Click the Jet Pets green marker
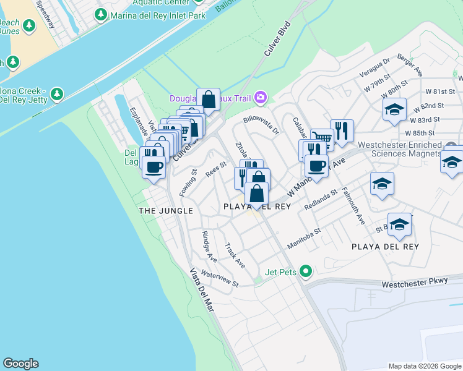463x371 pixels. [x=305, y=271]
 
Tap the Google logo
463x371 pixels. [x=20, y=364]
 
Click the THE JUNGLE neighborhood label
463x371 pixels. [x=165, y=211]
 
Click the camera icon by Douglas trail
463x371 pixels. [x=261, y=97]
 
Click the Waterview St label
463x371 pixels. [x=219, y=279]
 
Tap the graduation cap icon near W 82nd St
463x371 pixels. [x=394, y=109]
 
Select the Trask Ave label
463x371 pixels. [x=235, y=255]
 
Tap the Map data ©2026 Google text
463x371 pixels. [x=424, y=366]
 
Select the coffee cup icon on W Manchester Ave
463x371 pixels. [x=316, y=165]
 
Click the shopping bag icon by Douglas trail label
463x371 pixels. [x=209, y=99]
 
